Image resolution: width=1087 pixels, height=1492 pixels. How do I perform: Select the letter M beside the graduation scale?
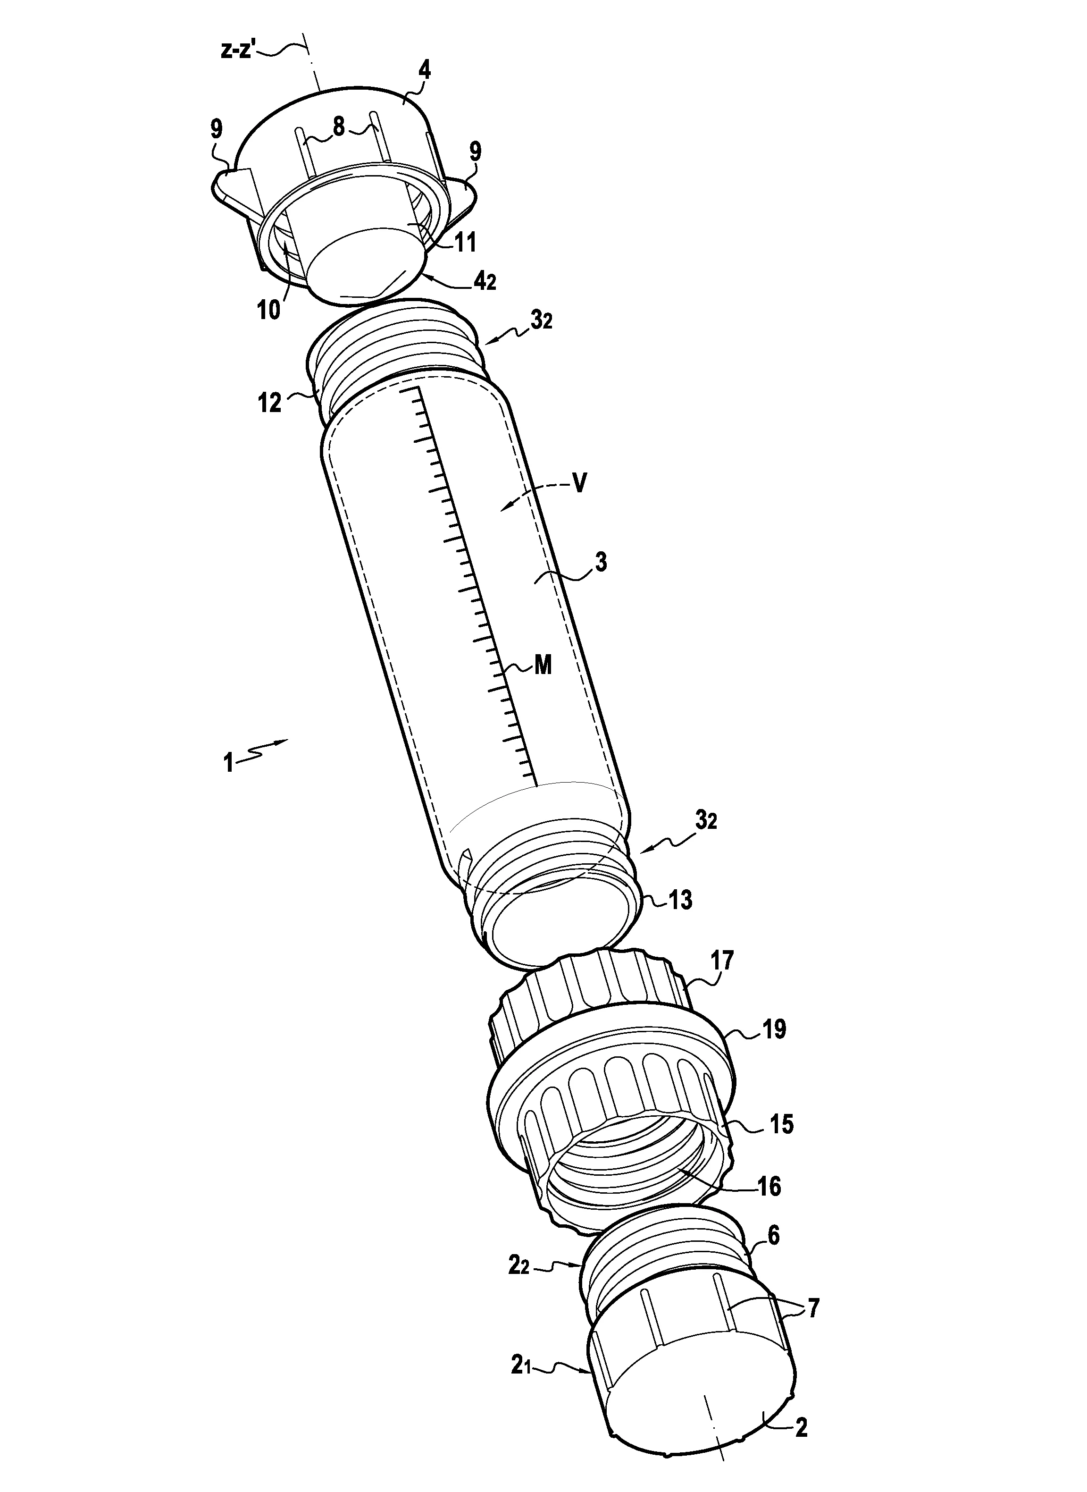pos(542,666)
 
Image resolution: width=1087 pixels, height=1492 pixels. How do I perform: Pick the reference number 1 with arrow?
pos(228,764)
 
